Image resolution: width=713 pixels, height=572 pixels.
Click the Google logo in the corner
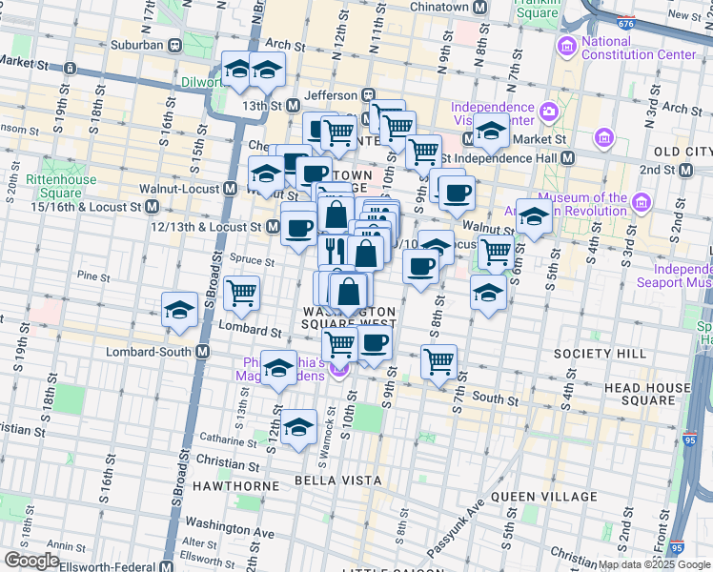click(32, 561)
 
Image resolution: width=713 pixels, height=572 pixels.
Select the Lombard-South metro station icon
click(202, 351)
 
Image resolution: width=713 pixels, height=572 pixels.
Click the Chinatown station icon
click(481, 8)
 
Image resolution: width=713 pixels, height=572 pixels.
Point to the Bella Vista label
click(330, 479)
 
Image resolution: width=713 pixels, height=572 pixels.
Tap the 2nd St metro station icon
click(686, 170)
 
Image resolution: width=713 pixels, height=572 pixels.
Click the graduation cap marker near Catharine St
click(299, 428)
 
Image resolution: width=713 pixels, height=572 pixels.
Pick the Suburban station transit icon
click(175, 45)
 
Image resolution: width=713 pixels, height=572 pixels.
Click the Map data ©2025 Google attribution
click(654, 564)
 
